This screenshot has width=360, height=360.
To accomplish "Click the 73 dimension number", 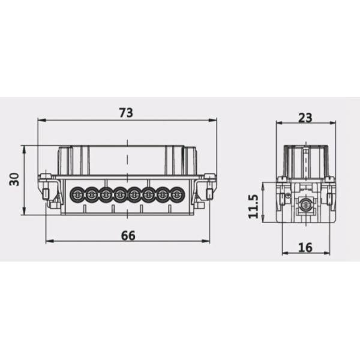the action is point(126,113).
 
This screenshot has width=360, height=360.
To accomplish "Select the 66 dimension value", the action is point(128,236).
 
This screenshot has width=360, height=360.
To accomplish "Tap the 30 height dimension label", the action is point(14,179).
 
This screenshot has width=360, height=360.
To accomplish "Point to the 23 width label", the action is point(305,118).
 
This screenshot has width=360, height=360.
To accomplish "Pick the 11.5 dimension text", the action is point(253,206).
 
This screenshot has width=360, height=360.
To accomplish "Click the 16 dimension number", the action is point(305,247).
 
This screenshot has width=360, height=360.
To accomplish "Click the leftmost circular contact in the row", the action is point(77,194).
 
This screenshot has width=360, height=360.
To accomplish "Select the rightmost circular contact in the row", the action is point(176,194).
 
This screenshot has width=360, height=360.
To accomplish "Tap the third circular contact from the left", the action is point(106,194).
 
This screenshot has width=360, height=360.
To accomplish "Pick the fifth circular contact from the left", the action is point(134,194).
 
